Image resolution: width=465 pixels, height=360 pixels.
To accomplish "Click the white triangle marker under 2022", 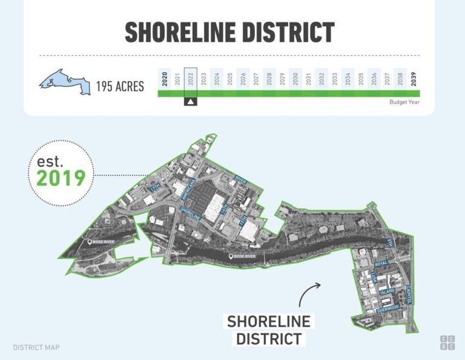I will tap(190, 101).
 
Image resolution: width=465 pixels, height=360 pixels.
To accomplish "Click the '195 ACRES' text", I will tap(120, 87).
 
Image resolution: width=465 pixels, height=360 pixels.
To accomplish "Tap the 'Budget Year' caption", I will tap(404, 102).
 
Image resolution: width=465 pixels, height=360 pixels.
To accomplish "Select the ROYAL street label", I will tap(381, 264).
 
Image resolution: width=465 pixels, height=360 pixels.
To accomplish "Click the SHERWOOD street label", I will tap(387, 308).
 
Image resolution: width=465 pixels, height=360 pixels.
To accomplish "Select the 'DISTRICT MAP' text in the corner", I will tap(36, 348).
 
